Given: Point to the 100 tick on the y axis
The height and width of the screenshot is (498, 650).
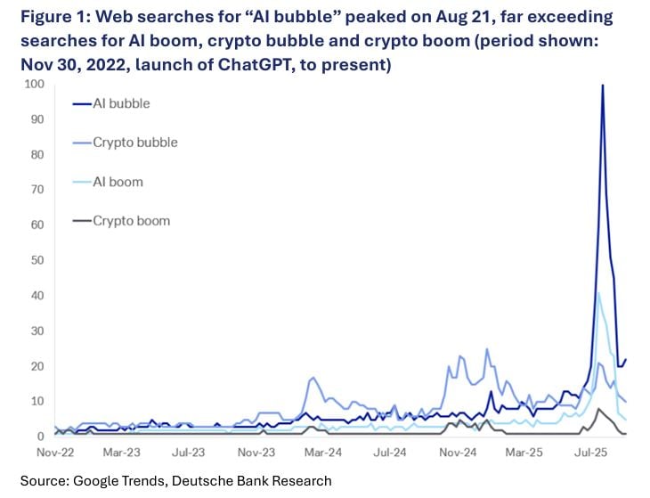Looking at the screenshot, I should click(x=35, y=85).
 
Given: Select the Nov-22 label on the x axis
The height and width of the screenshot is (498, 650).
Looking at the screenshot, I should click(x=54, y=453).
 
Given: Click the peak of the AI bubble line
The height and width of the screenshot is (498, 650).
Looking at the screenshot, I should click(x=603, y=86).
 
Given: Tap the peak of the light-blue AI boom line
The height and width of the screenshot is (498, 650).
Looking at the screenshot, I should click(x=598, y=292).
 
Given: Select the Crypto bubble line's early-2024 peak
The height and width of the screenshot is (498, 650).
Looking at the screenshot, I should click(x=314, y=378).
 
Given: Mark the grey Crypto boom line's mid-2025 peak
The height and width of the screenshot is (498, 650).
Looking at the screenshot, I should click(x=599, y=409).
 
